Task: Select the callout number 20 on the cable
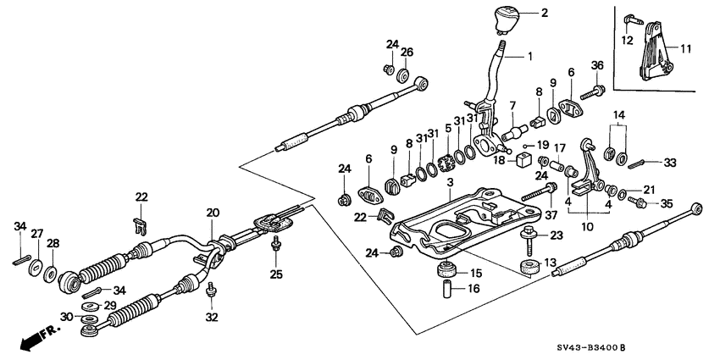(212, 213)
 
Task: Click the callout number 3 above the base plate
(450, 183)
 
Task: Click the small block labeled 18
(523, 159)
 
